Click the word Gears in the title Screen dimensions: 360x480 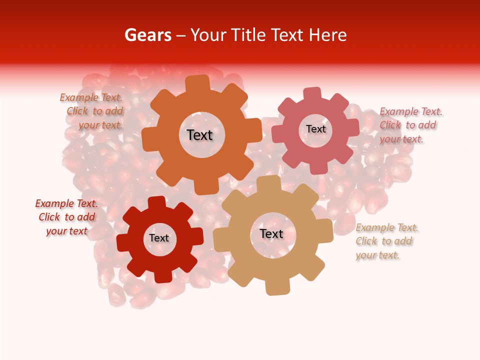pos(148,35)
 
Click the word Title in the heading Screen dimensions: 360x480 pos(247,35)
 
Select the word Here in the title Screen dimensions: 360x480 pos(328,35)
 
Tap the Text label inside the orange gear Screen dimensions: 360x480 pos(199,135)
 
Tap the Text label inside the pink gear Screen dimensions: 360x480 pos(315,129)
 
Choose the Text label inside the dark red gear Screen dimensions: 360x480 pos(159,238)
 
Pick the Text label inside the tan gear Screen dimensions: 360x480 pos(271,233)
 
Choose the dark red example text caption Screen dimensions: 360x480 pos(67,217)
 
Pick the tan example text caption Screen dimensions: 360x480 pos(386,241)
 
